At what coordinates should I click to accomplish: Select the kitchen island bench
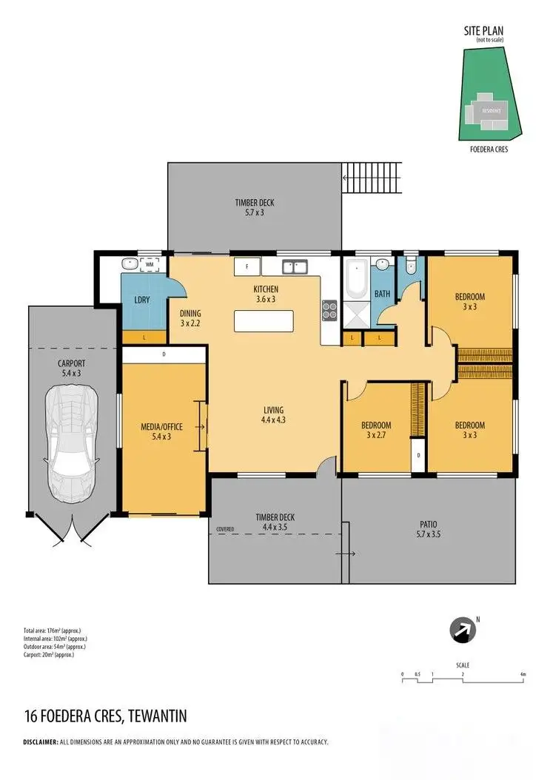(x=264, y=320)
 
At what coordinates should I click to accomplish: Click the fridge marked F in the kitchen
(x=244, y=266)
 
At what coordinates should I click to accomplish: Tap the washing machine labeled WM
(x=151, y=263)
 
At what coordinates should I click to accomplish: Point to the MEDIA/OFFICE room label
(x=161, y=431)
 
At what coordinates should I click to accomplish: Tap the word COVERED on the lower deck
(x=226, y=530)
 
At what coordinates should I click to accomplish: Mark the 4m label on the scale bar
(x=523, y=675)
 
